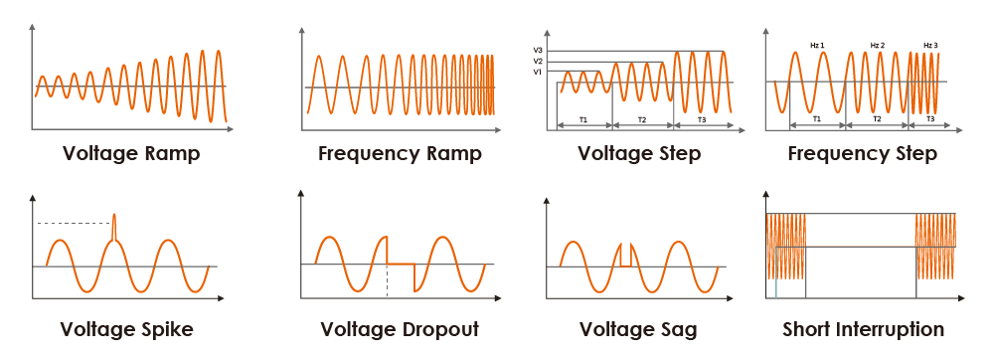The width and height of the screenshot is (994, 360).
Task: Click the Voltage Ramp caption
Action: click(131, 154)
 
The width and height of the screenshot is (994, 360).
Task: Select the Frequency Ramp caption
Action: click(400, 154)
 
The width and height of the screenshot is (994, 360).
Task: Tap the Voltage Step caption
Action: click(639, 154)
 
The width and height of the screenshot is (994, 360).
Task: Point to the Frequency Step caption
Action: click(862, 154)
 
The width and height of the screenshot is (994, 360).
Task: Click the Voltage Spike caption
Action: click(127, 329)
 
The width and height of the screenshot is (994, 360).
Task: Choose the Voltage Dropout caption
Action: click(400, 329)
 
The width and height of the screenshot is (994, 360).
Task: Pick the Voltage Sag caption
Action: click(638, 329)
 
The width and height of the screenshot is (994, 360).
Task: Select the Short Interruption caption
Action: click(863, 329)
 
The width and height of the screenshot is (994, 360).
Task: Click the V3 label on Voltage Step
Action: click(537, 50)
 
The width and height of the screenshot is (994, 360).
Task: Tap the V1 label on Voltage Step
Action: click(537, 72)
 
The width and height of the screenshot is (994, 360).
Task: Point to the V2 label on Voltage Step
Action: click(537, 61)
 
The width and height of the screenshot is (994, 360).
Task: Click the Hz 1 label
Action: click(817, 45)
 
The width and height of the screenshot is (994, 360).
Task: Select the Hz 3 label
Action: click(930, 45)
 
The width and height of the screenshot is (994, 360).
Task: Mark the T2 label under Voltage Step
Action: click(642, 119)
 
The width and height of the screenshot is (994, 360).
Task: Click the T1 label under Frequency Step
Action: click(817, 118)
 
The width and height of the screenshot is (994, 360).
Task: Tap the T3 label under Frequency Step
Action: click(930, 118)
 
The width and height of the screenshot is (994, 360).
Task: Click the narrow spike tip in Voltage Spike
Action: click(114, 215)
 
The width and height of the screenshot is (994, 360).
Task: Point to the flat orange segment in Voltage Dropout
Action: click(400, 264)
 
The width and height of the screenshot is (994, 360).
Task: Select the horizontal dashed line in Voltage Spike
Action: click(75, 223)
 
